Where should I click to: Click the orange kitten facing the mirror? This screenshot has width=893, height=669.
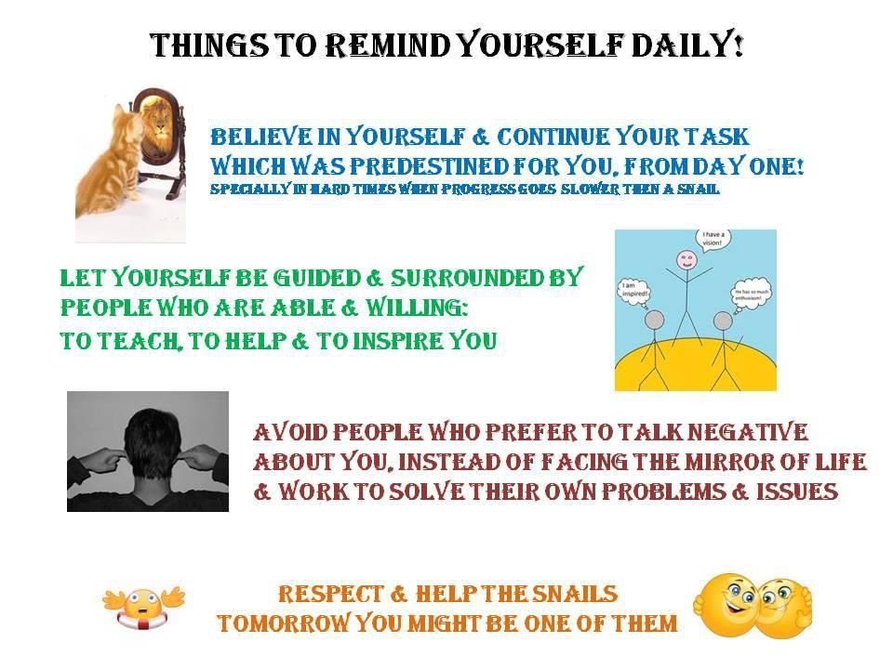[111, 161]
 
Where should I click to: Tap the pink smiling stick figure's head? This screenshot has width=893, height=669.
[686, 261]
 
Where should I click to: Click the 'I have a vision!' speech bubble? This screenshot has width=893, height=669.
[713, 239]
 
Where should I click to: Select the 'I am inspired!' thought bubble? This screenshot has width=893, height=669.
[633, 291]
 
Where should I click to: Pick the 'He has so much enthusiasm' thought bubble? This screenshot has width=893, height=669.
[752, 295]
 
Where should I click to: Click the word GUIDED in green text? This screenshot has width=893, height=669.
[317, 278]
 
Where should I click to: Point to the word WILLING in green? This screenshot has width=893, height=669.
[417, 308]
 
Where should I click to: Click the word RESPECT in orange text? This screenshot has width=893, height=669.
[330, 594]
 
